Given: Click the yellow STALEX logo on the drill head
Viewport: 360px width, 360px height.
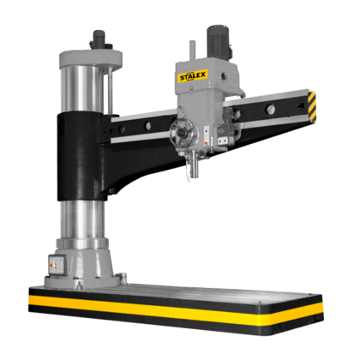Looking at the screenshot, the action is pos(193,76).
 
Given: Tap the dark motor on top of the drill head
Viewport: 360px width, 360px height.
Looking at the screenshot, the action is pos(219,42).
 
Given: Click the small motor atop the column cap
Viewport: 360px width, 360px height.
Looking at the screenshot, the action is pos(99,41).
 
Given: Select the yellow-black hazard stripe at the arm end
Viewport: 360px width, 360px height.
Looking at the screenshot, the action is pos(312,105).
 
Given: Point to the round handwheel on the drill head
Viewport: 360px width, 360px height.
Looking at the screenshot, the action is pos(181,132).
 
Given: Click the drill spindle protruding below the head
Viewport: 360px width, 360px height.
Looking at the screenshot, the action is pos(194,165).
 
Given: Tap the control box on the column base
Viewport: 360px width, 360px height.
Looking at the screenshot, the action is pos(57,265).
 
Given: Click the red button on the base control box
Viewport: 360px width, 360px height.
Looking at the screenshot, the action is pos(51,266).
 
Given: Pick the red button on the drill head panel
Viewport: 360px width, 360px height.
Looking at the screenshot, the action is pos(207,140).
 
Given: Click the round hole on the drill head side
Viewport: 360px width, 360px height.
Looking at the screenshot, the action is pos(224,76).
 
